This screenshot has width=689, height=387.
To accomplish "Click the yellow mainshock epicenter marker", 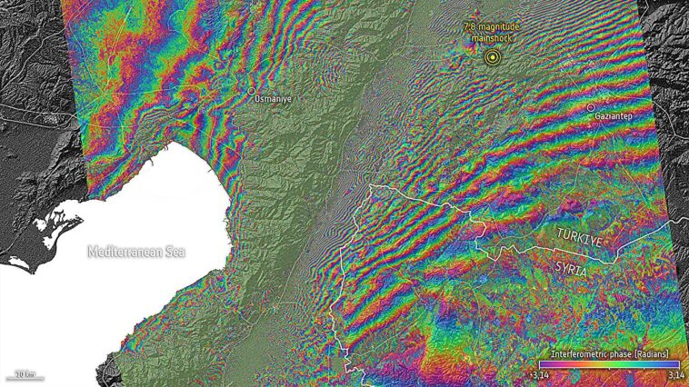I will [492, 58].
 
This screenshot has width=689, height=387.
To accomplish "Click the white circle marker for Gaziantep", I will [591, 107].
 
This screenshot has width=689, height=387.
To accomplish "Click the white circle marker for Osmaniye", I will [253, 91].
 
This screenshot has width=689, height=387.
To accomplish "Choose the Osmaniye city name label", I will [273, 100].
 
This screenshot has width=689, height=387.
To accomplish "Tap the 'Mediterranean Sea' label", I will [135, 252].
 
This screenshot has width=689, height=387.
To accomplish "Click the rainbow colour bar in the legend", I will [607, 363].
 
